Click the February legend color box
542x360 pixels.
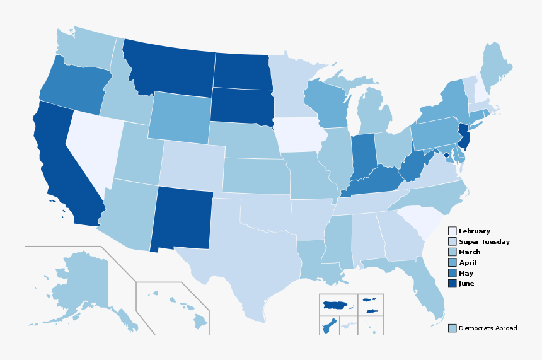point(452,231)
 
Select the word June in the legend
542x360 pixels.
point(466,284)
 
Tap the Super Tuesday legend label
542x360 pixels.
point(484,241)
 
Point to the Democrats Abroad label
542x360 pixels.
point(488,328)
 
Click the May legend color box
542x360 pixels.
point(452,273)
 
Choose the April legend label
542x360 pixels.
point(467,262)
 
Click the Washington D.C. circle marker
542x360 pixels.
point(446,155)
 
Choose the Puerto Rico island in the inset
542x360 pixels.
point(338,306)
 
